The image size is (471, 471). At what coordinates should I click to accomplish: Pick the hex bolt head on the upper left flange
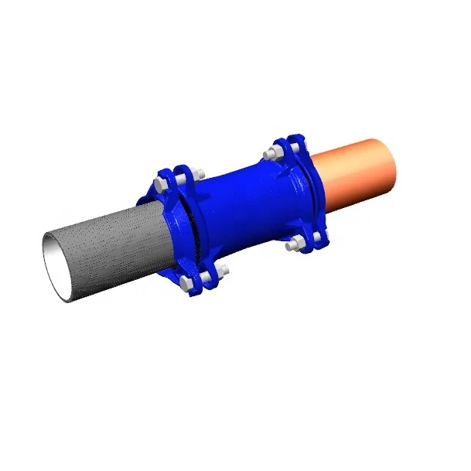(x=160, y=184)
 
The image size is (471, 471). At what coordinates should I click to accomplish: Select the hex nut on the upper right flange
(x=270, y=154)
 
